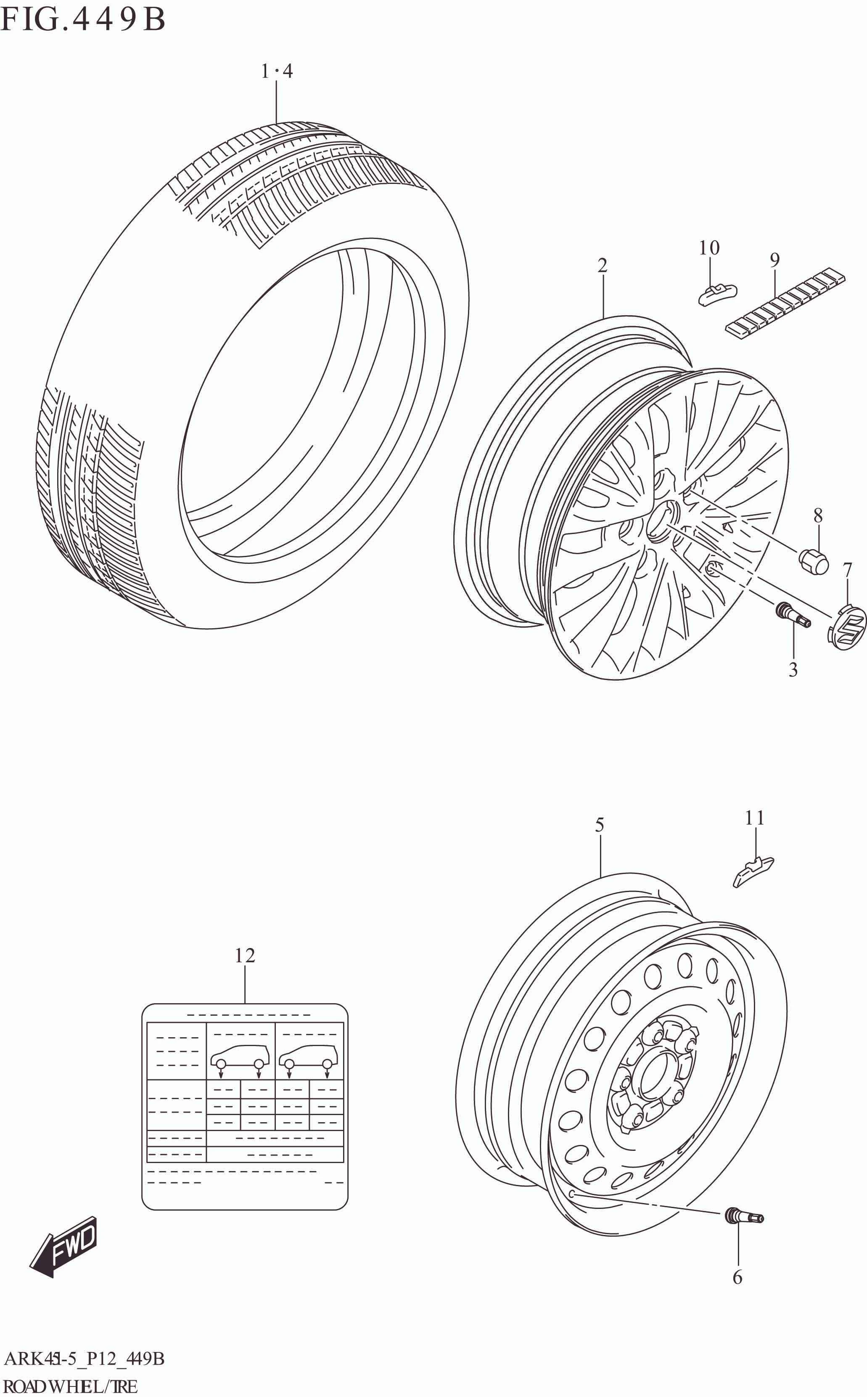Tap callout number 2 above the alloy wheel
(x=602, y=265)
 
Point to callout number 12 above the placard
(x=245, y=955)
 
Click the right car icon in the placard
(x=309, y=1054)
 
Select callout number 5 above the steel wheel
(x=599, y=826)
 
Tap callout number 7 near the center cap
(x=848, y=570)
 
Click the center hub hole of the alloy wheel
(x=662, y=520)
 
